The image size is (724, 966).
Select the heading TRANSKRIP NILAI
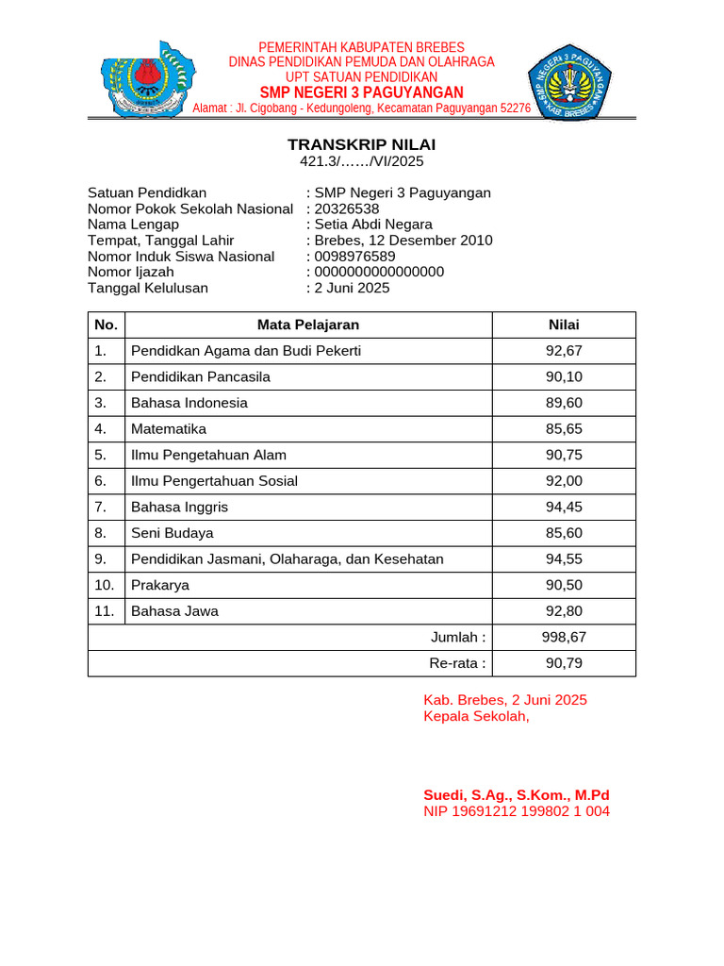point(362,145)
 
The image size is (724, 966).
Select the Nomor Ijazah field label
point(131,273)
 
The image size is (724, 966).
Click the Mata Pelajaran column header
point(308,325)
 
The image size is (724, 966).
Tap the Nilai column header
point(564,325)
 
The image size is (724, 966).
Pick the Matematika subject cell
point(169,429)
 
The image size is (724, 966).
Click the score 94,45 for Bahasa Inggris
point(564,507)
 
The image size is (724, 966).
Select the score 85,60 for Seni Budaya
point(564,533)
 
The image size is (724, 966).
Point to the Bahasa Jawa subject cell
point(174,611)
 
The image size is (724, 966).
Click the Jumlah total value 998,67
point(564,637)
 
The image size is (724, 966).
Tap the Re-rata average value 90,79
point(564,663)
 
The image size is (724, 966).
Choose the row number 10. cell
point(106,585)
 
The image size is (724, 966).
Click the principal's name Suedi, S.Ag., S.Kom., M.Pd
point(517,795)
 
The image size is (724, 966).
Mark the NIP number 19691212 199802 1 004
point(517,811)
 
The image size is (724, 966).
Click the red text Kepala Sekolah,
point(477,716)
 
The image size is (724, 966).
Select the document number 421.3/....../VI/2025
point(362,161)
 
